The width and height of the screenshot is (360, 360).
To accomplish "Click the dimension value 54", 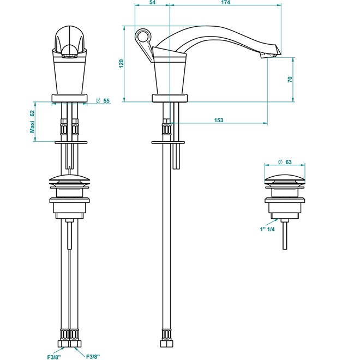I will pyautogui.click(x=152, y=3).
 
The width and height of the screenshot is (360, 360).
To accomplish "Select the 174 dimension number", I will pyautogui.click(x=226, y=3).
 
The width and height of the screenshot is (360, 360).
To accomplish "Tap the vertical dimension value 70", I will pyautogui.click(x=290, y=79).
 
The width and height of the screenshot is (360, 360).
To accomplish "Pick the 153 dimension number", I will pyautogui.click(x=219, y=121).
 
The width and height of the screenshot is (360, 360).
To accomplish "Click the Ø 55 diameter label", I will pyautogui.click(x=103, y=101).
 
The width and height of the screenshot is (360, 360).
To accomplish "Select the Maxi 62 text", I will pyautogui.click(x=32, y=121).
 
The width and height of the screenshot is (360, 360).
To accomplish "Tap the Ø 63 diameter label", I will pyautogui.click(x=285, y=162).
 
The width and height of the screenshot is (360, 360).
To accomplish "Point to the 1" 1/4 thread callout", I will pyautogui.click(x=267, y=229).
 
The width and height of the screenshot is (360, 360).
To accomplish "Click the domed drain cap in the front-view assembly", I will pyautogui.click(x=69, y=178).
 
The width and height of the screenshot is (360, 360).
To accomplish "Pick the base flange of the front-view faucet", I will pyautogui.click(x=69, y=98).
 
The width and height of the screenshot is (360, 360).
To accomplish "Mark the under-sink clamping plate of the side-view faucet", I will pyautogui.click(x=169, y=142).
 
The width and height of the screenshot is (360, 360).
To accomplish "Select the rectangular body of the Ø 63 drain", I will pyautogui.click(x=284, y=208).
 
